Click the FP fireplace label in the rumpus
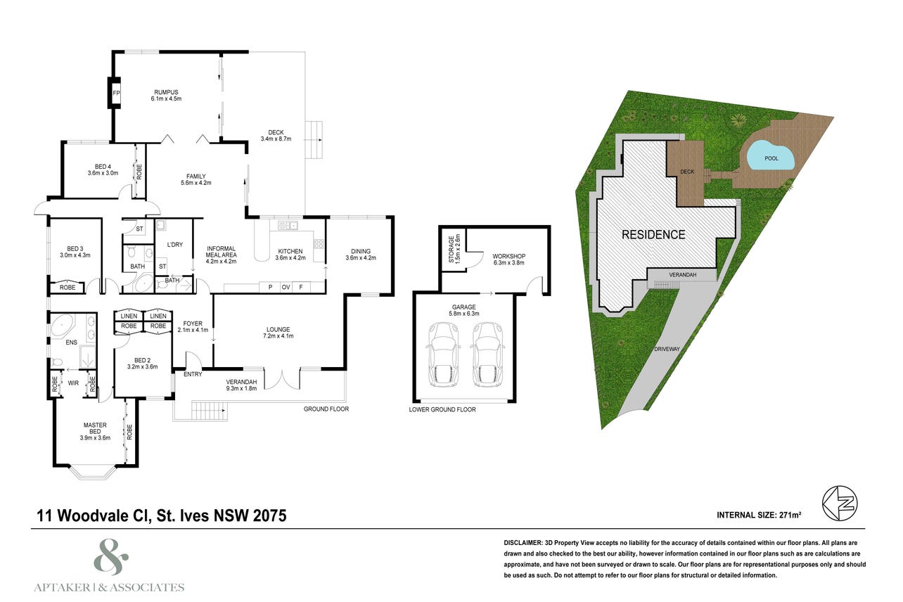pyautogui.click(x=117, y=93)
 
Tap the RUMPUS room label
pyautogui.click(x=166, y=92)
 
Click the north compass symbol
pyautogui.click(x=840, y=504)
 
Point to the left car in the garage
pyautogui.click(x=444, y=354)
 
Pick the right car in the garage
pyautogui.click(x=487, y=354)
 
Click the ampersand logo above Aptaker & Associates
pyautogui.click(x=111, y=556)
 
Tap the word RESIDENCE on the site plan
pyautogui.click(x=653, y=235)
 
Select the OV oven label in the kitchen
pyautogui.click(x=286, y=287)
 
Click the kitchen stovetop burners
pyautogui.click(x=319, y=243)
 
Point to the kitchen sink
pyautogui.click(x=288, y=225)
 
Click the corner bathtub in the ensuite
pyautogui.click(x=62, y=326)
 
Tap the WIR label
pyautogui.click(x=73, y=383)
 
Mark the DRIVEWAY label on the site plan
pyautogui.click(x=667, y=349)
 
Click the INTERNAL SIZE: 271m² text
pyautogui.click(x=759, y=515)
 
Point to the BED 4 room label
pyautogui.click(x=103, y=167)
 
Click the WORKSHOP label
pyautogui.click(x=508, y=256)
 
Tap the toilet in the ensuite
pyautogui.click(x=56, y=362)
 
